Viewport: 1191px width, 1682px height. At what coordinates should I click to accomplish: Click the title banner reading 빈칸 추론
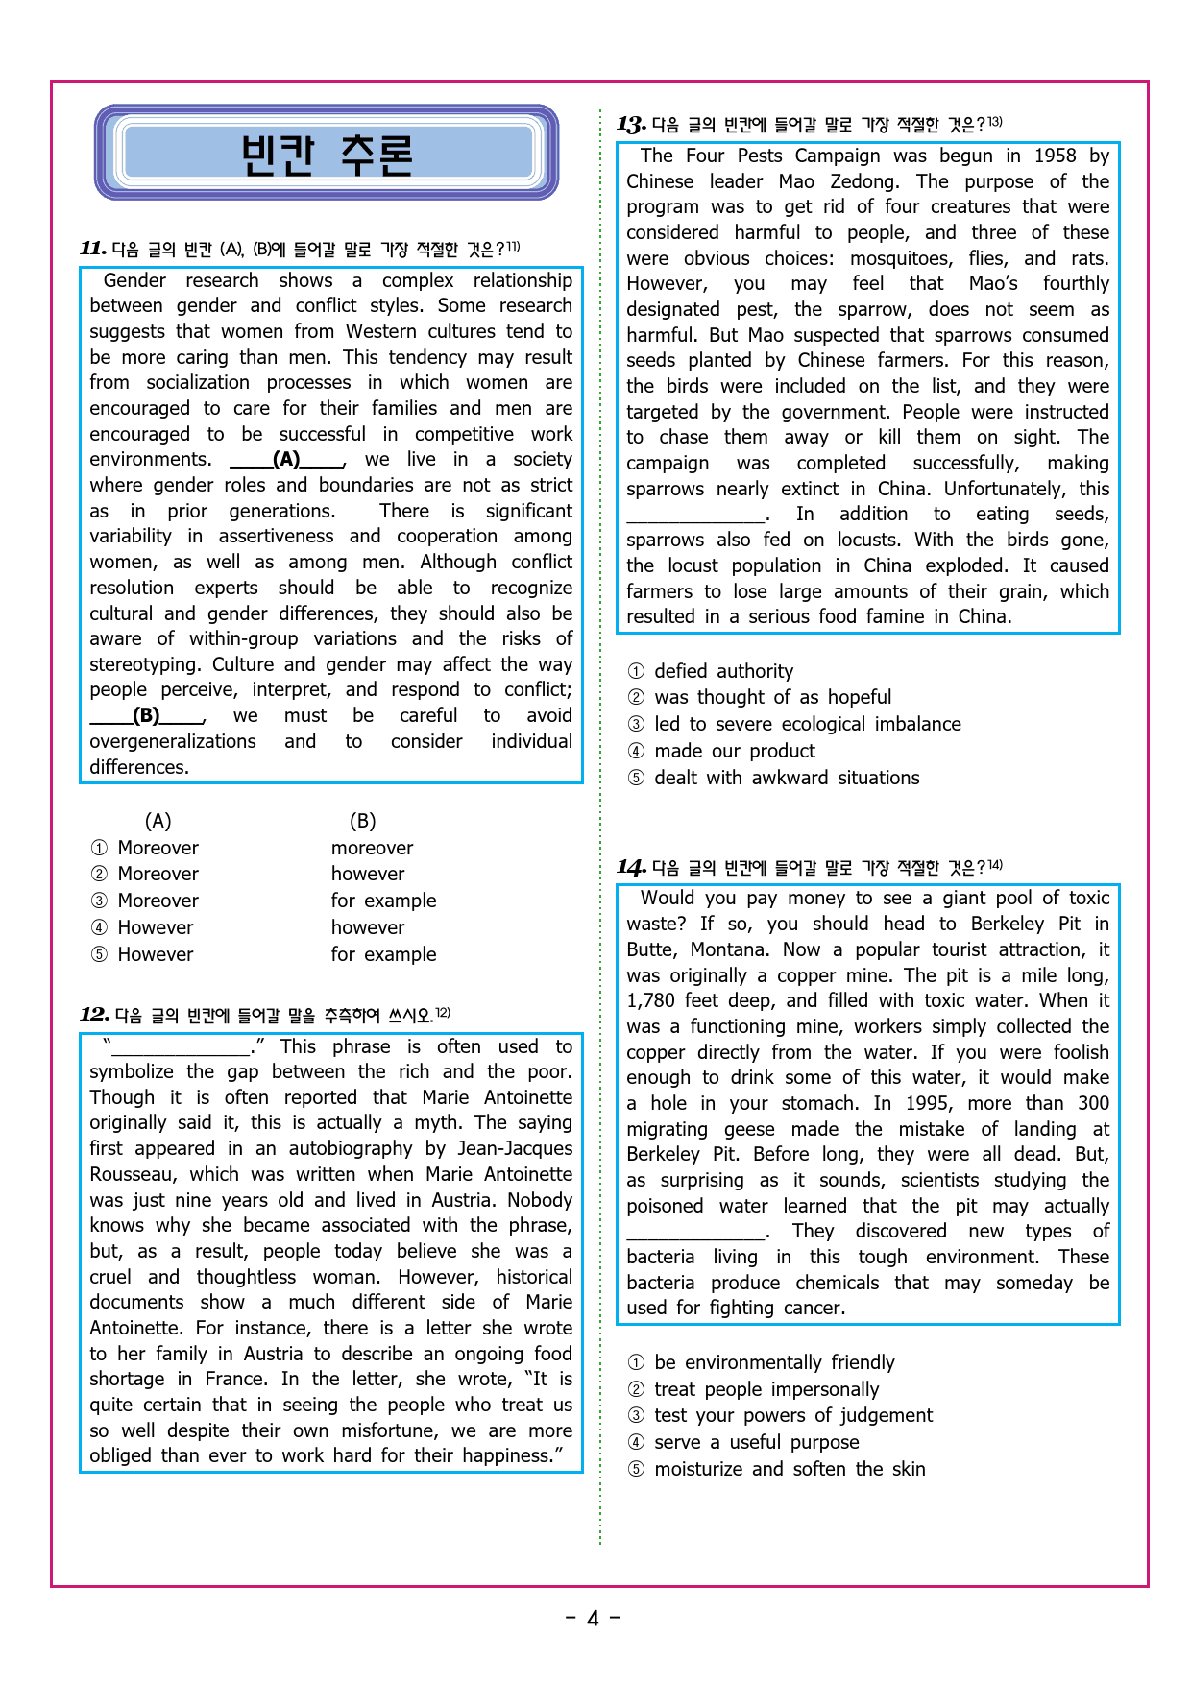pos(327,154)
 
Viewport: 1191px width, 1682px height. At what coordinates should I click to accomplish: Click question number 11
pos(93,249)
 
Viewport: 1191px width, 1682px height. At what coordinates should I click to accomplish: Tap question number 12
pos(94,1015)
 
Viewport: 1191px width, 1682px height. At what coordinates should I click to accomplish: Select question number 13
pos(631,124)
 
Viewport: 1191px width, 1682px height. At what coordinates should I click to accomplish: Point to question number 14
pos(631,867)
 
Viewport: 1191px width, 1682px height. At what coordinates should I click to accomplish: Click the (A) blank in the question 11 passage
pos(286,460)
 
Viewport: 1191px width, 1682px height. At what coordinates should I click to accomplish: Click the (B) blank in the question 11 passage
pos(146,716)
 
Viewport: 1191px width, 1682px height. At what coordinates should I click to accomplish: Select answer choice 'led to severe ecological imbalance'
pos(807,724)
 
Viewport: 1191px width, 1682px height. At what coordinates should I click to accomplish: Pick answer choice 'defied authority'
pos(723,671)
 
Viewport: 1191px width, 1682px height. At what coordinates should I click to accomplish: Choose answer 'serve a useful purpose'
pos(756,1442)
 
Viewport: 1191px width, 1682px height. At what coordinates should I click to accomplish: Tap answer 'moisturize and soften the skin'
pos(790,1469)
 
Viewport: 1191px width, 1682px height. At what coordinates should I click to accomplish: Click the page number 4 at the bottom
pos(593,1619)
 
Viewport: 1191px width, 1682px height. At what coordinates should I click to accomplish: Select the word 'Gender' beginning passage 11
pos(134,280)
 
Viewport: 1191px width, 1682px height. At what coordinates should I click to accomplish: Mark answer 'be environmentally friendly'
pos(773,1362)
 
